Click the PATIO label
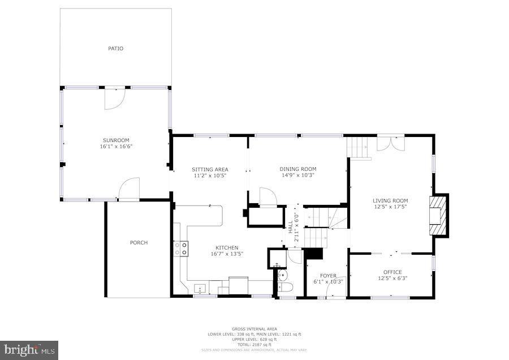(115, 49)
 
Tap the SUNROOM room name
(116, 140)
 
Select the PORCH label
(139, 243)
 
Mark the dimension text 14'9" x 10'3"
(297, 175)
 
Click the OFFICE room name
(392, 272)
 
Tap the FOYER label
(328, 276)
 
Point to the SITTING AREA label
(210, 169)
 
